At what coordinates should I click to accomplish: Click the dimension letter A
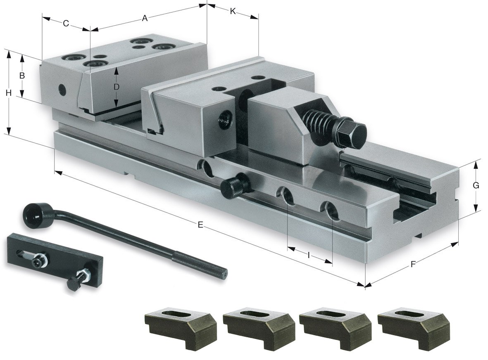[145, 18]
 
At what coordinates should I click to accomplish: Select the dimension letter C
[66, 24]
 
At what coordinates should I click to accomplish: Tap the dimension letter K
[233, 11]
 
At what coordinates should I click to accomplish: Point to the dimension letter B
[22, 76]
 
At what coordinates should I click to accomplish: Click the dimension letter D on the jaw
[117, 87]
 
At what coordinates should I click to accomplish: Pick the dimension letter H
[8, 93]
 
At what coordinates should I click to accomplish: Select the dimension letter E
[200, 225]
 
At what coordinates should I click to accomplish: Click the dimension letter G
[476, 186]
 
